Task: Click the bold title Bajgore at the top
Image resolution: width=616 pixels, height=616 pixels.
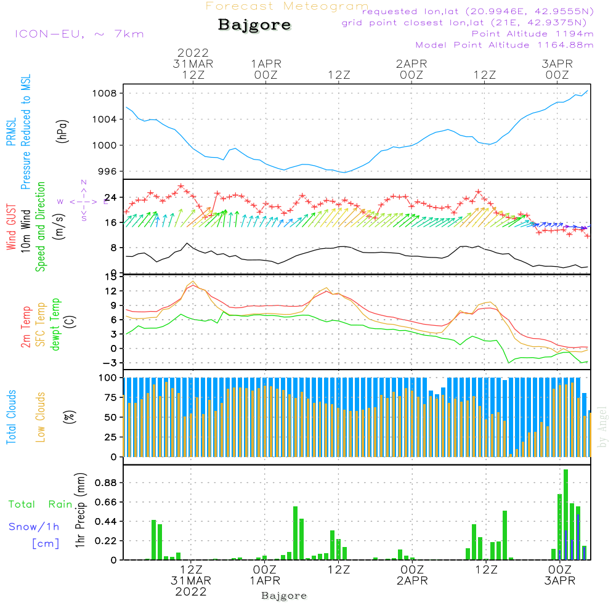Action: (x=254, y=25)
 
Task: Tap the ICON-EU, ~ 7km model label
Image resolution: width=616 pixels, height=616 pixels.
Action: (x=79, y=34)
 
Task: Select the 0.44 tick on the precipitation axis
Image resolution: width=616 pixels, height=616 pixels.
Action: (x=105, y=522)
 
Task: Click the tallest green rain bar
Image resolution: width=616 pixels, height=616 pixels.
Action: (x=565, y=514)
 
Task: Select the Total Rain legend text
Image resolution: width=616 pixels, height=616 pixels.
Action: (x=41, y=505)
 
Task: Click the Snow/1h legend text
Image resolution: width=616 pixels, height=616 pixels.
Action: (x=34, y=527)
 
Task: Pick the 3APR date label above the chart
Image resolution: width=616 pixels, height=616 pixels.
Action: (x=557, y=64)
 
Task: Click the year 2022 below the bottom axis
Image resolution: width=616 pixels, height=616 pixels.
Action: (x=191, y=592)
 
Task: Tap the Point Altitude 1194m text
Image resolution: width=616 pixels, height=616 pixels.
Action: (x=532, y=34)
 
